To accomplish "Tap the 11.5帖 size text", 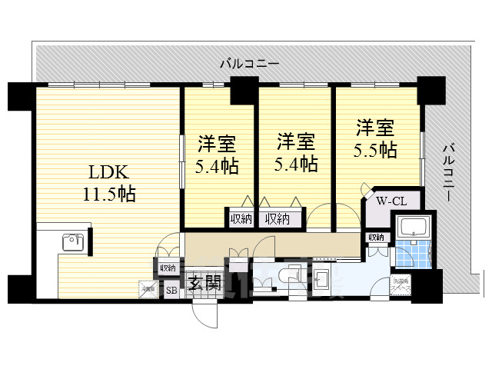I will click(108, 194).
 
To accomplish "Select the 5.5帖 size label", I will click(376, 149).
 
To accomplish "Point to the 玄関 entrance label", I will click(203, 283).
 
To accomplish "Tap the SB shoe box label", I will click(172, 290).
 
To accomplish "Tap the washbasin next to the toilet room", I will click(321, 278).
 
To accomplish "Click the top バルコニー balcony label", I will click(248, 63).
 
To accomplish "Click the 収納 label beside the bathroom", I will click(376, 238).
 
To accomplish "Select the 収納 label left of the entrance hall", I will click(167, 268).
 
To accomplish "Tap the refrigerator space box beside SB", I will click(148, 289).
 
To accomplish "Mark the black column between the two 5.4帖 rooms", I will click(244, 88).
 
